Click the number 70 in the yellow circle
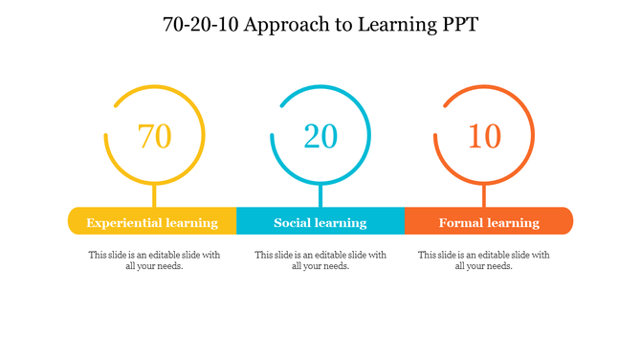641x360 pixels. tap(154, 136)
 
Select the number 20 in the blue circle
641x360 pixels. tap(320, 136)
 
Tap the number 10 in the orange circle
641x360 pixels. tap(484, 136)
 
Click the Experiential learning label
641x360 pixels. tap(152, 223)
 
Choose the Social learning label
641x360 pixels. tap(320, 223)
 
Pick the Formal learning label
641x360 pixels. tap(489, 223)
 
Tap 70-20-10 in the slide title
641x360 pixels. tap(203, 25)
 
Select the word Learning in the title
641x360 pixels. tap(390, 25)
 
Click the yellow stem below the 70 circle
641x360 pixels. tap(154, 195)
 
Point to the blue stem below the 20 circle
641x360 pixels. tap(320, 195)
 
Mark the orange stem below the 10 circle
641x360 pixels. tap(484, 195)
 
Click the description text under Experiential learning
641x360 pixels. tap(154, 260)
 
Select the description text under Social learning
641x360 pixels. tap(320, 260)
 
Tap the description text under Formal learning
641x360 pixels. tap(484, 260)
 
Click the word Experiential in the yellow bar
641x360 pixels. tap(123, 223)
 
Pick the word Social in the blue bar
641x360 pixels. tap(294, 223)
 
